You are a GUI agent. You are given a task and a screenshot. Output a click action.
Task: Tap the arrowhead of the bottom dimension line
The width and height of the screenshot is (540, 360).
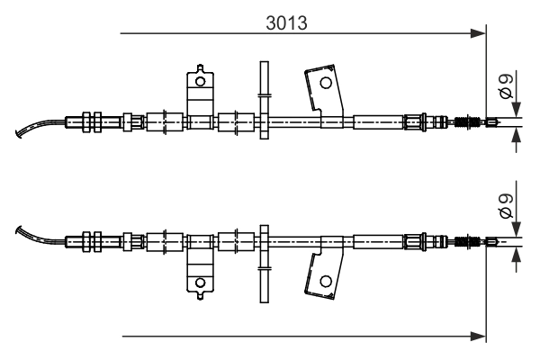[x=478, y=337]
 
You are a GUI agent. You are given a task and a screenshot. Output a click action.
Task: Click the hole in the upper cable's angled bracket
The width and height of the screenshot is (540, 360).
[x=325, y=82]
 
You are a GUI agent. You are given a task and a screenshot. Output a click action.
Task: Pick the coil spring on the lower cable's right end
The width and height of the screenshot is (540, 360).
[x=467, y=240]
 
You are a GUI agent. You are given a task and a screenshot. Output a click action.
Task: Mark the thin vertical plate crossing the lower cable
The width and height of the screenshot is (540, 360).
[x=264, y=261]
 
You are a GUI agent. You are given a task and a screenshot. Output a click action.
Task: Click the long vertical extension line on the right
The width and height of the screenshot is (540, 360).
[x=486, y=180]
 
